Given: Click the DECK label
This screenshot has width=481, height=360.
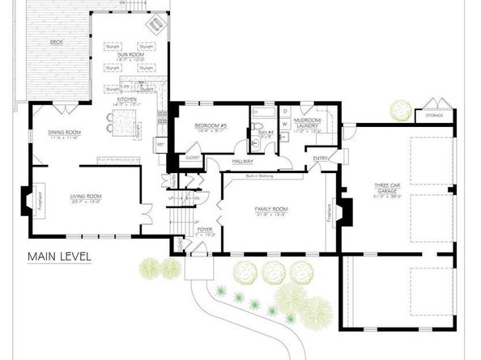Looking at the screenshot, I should (x=57, y=40).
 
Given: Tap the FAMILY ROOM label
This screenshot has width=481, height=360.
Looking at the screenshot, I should (x=271, y=210).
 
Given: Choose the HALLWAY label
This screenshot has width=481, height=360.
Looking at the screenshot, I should (x=243, y=161).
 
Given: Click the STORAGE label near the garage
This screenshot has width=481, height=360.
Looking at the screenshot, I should (x=433, y=116).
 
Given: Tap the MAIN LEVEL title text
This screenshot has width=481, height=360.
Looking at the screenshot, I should (x=59, y=257).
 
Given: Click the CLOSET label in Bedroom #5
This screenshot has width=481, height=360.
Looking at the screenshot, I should (x=194, y=157).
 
